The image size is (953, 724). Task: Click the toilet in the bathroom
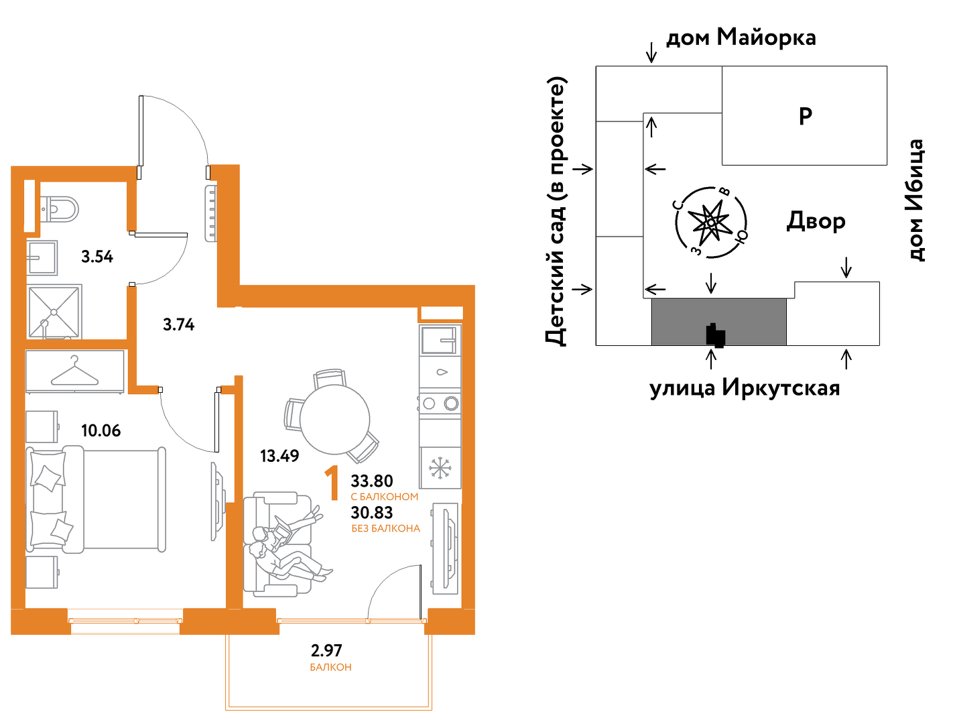(x=60, y=210)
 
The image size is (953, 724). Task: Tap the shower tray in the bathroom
(x=54, y=312)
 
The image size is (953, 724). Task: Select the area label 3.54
(x=97, y=257)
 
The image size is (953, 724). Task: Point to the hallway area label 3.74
(x=178, y=324)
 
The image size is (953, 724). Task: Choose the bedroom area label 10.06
(x=101, y=430)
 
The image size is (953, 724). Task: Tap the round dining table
(x=334, y=420)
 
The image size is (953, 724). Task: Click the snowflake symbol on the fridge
(x=440, y=468)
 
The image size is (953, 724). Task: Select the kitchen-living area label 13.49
(x=279, y=456)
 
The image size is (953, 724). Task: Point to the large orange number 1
(x=332, y=483)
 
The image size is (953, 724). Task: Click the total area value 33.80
(x=372, y=481)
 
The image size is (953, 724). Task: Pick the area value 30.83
(x=372, y=513)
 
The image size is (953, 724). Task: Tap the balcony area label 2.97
(x=326, y=651)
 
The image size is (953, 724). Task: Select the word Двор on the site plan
(x=816, y=221)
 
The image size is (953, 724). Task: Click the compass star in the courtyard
(x=711, y=222)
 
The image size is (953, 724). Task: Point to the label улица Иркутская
(x=745, y=388)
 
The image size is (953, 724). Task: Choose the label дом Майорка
(x=741, y=38)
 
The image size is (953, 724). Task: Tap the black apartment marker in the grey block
(x=716, y=335)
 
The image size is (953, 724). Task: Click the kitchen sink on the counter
(x=440, y=340)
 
